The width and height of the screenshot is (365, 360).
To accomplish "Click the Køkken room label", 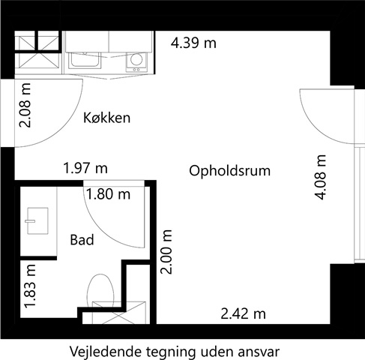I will pos(106,118).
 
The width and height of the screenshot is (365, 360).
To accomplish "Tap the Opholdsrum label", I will pos(230,171).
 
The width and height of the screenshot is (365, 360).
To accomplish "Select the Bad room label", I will pos(82,240).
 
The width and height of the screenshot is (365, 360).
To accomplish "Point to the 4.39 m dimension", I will pos(193,43).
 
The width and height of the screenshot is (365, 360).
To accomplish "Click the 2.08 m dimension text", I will pos(25,106).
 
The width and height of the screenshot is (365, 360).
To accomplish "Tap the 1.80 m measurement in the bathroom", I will pos(108,194).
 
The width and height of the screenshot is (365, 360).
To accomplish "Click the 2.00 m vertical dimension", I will pos(166,252).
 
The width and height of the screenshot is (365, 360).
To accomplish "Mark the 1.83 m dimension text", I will pos(30,288).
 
